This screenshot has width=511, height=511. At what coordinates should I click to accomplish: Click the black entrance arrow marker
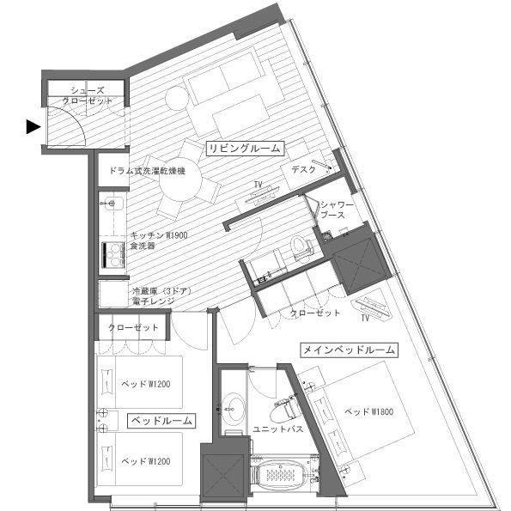coord(33,127)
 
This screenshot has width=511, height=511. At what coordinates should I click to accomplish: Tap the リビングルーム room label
coord(245,149)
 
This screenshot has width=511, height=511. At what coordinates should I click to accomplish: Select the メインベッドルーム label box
coord(349,350)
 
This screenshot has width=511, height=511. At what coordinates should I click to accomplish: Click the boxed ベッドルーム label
coord(161,421)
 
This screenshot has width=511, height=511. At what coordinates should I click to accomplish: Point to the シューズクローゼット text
coord(88,95)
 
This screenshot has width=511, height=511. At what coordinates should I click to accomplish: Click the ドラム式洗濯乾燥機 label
coord(148,170)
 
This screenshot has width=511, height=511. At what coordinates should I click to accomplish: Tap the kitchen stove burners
coord(113,254)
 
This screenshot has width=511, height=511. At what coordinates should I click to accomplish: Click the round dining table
coord(179,181)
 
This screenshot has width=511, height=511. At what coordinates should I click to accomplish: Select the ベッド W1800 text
coord(368,412)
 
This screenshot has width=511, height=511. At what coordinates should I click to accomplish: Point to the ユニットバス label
coord(277,429)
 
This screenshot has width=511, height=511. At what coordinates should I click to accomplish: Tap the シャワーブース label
coord(337,210)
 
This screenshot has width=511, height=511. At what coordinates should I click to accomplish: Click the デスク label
coord(303,169)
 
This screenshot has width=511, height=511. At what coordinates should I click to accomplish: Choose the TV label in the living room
coord(259,185)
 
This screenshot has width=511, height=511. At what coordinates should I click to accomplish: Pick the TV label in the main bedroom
coord(365,318)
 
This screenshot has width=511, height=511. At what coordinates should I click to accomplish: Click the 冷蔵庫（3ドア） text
coord(161,290)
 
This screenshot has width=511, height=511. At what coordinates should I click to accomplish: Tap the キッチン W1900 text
coord(159,235)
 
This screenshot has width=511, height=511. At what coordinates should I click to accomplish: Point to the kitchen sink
coord(113,204)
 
